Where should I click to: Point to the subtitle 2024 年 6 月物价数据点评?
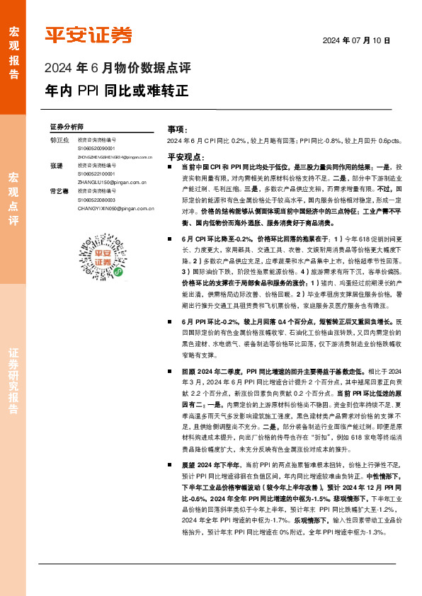tap(118, 69)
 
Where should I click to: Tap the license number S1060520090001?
tap(96, 149)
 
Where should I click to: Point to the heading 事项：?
tap(177, 130)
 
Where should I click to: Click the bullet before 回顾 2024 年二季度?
tap(170, 371)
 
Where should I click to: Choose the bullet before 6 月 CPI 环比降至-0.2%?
tap(170, 260)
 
